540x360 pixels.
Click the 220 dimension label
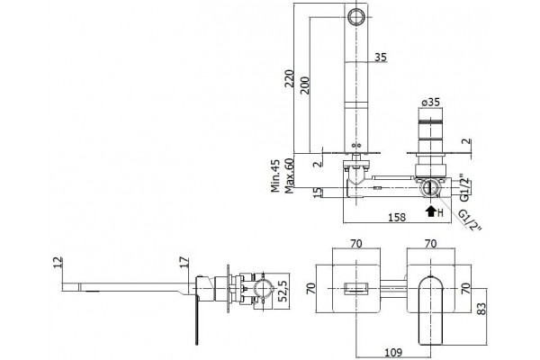coord(290,78)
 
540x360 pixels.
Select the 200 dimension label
coord(305,85)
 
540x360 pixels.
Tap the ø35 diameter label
coord(431,103)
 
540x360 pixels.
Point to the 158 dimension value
coord(397,218)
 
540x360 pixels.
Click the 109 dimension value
coord(393,353)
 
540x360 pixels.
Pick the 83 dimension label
coord(481,309)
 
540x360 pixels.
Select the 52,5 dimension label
coord(283,291)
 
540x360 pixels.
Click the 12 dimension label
coord(58,262)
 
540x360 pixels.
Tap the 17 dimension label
coord(184,262)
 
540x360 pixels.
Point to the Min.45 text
coord(275,175)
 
